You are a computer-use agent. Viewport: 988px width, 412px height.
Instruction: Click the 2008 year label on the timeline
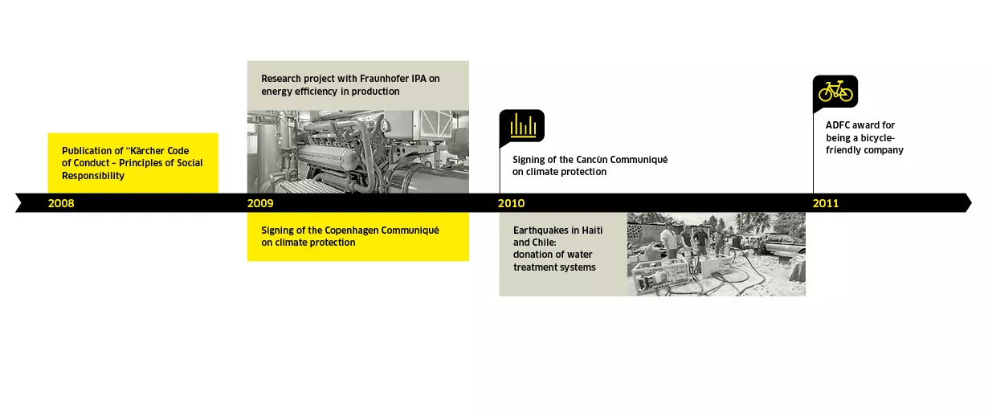[x=61, y=203]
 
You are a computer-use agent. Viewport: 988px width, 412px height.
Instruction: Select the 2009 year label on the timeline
[x=260, y=203]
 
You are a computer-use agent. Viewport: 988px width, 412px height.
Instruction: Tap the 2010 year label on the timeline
[x=511, y=203]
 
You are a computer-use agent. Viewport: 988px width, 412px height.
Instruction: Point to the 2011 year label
[x=826, y=203]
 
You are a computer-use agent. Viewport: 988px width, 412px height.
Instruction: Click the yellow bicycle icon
[x=835, y=92]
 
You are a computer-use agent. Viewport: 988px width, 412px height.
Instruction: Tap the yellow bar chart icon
[x=523, y=125]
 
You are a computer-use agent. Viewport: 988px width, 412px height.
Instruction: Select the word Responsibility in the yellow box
[x=93, y=176]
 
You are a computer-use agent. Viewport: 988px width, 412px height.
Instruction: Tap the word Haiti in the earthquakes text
[x=592, y=230]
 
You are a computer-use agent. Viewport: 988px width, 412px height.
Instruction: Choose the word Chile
[x=545, y=243]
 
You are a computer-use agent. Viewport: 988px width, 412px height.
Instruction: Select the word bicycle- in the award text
[x=877, y=137]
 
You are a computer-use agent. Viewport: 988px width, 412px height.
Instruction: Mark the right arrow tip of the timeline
[x=971, y=203]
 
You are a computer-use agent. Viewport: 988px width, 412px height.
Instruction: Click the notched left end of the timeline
[x=21, y=203]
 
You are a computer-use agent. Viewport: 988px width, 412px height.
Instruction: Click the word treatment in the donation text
[x=533, y=267]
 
